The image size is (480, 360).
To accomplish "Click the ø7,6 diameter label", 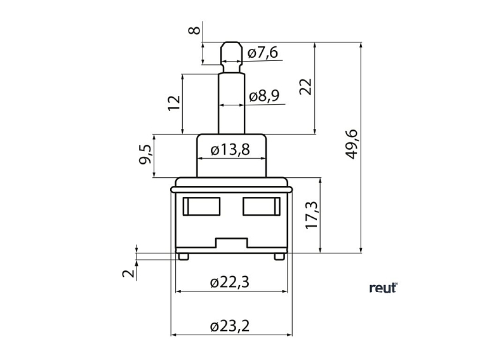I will tap(263, 53).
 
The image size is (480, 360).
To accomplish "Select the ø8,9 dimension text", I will tap(264, 96).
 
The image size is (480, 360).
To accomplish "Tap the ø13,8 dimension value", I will tap(230, 150).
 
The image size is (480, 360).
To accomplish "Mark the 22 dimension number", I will tap(306, 87).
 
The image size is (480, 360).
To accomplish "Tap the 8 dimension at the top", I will tap(195, 29).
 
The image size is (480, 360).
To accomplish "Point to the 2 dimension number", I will tap(129, 273).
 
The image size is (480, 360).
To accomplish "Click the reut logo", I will tap(383, 288).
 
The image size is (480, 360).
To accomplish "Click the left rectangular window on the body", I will tap(201, 205).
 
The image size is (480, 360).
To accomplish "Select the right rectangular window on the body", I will tap(260, 205).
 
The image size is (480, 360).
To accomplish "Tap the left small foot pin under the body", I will tap(183, 255).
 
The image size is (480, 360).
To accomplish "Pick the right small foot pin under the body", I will tap(278, 255).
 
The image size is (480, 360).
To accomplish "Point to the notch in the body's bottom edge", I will tap(231, 243).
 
